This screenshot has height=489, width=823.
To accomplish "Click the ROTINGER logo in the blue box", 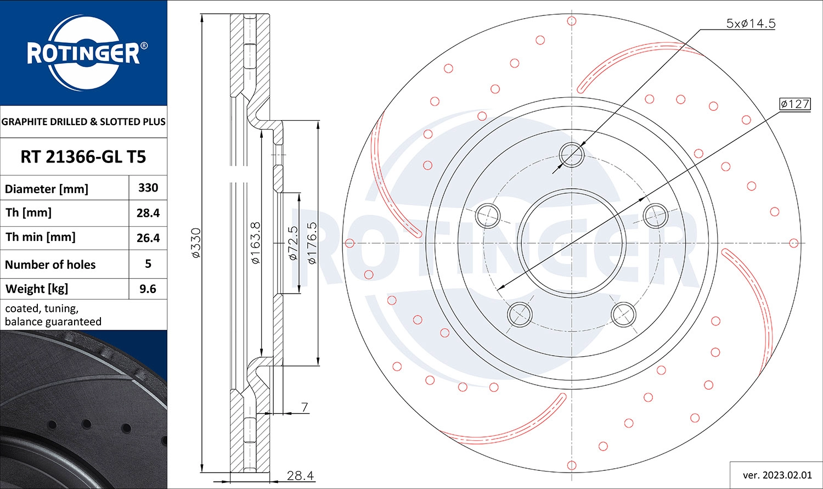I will (x=83, y=53).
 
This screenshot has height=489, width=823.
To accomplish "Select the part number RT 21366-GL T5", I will (x=83, y=157).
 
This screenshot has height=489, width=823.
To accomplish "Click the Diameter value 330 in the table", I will (x=148, y=188).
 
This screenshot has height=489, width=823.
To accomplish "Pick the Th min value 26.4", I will (x=148, y=238).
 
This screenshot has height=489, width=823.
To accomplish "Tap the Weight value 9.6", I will (x=148, y=289).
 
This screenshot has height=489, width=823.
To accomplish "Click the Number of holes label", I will (x=50, y=265).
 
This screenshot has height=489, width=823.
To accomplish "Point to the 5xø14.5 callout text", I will (x=751, y=23).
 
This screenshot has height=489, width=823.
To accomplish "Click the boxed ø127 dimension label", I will (x=794, y=104).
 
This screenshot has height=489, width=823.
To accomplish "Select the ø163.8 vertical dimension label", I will (x=256, y=243).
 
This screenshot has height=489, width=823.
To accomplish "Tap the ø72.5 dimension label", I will (x=293, y=243).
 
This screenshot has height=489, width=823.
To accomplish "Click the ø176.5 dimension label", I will (x=312, y=243).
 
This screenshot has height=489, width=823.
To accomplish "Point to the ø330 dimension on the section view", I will (x=196, y=243).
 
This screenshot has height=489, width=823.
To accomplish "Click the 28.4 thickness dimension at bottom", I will (x=300, y=475).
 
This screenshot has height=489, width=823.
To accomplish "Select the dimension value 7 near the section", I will (x=305, y=407).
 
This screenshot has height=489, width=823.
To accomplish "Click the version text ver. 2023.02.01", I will (x=776, y=475).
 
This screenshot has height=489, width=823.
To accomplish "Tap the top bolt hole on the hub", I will (x=572, y=154).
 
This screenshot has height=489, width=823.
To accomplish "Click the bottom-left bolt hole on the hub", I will (x=520, y=314).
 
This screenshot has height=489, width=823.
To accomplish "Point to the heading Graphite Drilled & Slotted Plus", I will (x=83, y=122).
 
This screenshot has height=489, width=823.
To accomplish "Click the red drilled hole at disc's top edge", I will (x=572, y=21).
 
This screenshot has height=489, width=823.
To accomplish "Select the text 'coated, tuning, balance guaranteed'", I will (x=53, y=315).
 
